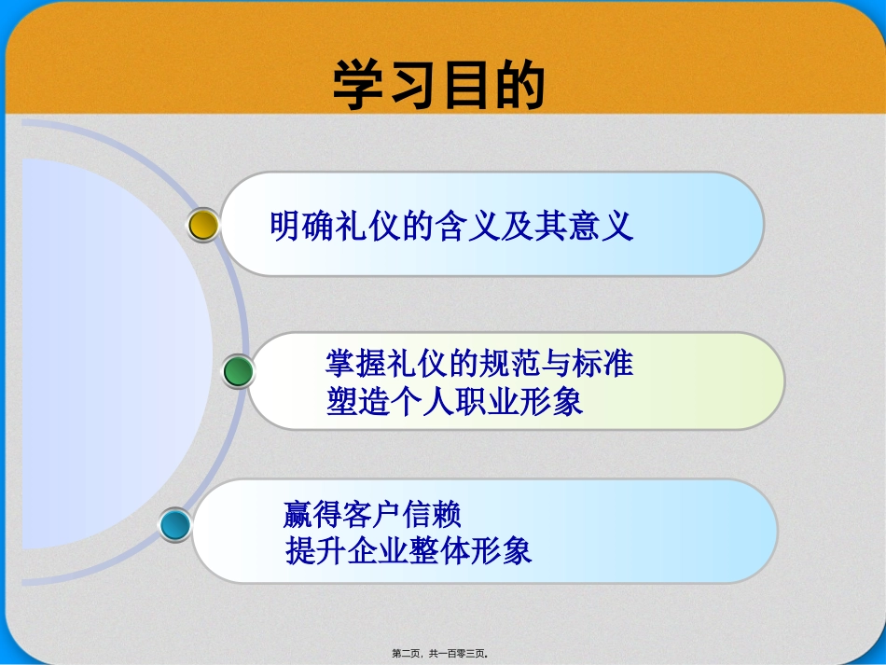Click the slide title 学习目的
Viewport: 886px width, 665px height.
coord(438,87)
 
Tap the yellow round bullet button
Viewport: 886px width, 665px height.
coord(203,225)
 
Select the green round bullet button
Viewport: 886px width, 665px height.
coord(239,372)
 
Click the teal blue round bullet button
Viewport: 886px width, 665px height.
coord(174,525)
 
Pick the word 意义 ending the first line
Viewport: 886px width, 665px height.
coord(605,226)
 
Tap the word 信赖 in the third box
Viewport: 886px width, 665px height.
coord(434,514)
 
